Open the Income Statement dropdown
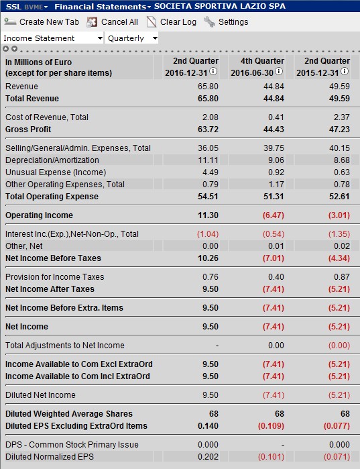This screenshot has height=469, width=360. coord(53,38)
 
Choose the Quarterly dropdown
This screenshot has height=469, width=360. coord(132,38)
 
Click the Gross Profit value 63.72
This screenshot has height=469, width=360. coord(206,129)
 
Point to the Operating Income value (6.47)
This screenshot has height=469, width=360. coord(271,215)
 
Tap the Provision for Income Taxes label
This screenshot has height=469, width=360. coord(54,276)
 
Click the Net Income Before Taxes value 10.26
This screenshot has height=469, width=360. coord(206,258)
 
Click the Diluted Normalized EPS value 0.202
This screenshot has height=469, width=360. coord(207,457)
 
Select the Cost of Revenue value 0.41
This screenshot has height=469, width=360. coord(276,117)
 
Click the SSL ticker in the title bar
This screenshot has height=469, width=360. coord(14,6)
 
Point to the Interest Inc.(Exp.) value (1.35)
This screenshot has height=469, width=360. coord(337,234)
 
